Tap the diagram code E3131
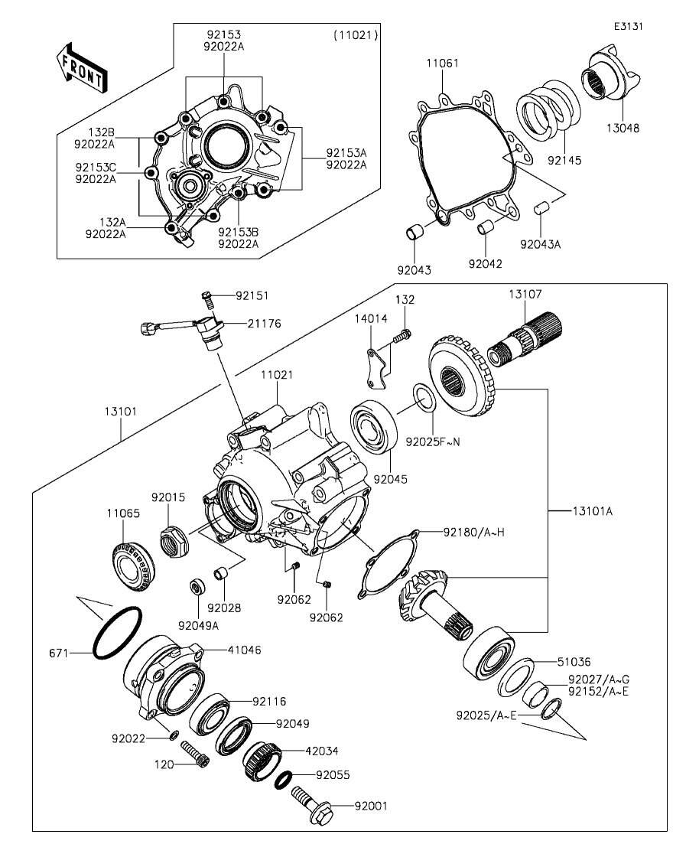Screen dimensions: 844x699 coord(629,26)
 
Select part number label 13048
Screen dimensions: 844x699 coord(623,128)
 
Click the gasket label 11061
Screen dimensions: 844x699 coord(443,64)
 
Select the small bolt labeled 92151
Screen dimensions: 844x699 coord(206,295)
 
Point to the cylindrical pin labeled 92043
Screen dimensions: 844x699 coord(414,230)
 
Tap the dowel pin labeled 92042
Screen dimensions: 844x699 coord(484,227)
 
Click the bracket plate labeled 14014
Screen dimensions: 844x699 coord(376,370)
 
